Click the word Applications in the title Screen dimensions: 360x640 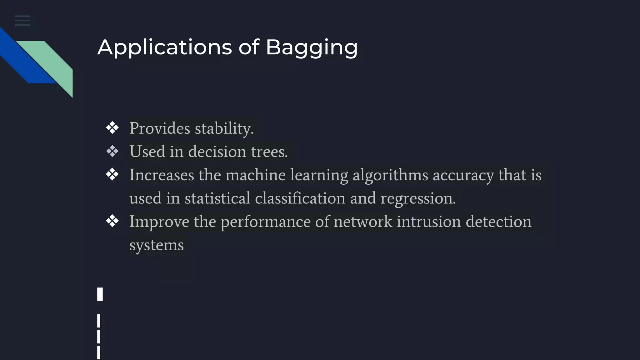(x=165, y=47)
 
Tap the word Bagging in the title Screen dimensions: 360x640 (x=312, y=47)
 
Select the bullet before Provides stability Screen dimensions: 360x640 (x=112, y=128)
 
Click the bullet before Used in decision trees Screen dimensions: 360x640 (x=112, y=151)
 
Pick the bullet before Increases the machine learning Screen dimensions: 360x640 (x=112, y=174)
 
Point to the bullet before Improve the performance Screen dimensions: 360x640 (x=112, y=221)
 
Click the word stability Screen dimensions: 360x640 (x=224, y=128)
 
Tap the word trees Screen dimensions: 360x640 (x=269, y=152)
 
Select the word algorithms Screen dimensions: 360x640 (x=390, y=175)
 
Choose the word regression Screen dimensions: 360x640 (x=418, y=198)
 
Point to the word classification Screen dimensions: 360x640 (x=300, y=198)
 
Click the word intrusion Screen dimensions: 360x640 (x=429, y=222)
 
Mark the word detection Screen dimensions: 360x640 (x=498, y=222)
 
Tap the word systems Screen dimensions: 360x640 (x=157, y=245)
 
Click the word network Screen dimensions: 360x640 (x=363, y=222)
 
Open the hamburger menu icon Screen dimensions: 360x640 (x=22, y=21)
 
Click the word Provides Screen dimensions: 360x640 (x=160, y=128)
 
